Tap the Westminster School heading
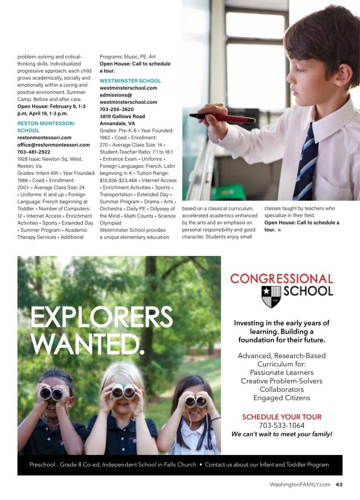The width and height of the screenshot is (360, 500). coord(130,81)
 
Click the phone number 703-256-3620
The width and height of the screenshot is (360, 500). coord(117,109)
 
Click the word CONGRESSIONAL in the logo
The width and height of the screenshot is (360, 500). coord(282,278)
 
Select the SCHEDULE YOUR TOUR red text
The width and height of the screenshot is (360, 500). coord(281,417)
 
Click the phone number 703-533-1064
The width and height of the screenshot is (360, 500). coord(281,426)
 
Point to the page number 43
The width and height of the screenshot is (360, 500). coord(339,484)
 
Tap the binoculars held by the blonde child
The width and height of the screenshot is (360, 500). coord(123,391)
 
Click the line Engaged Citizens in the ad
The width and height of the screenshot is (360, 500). coord(281,398)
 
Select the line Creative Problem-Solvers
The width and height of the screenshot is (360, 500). coord(281,381)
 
